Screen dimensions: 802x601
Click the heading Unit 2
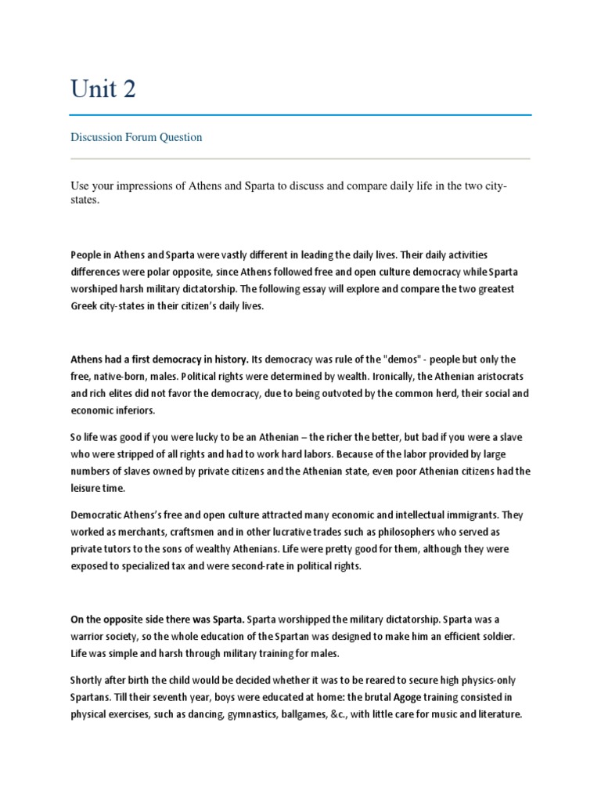point(103,89)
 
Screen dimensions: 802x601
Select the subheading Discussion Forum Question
point(136,137)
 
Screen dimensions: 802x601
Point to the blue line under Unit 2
point(300,115)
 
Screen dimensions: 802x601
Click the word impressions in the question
point(154,186)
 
